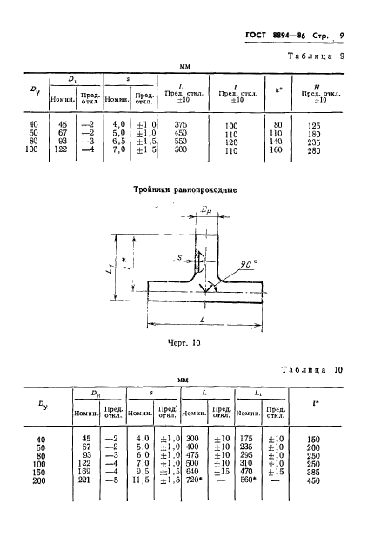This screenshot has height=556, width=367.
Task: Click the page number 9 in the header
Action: coord(342,35)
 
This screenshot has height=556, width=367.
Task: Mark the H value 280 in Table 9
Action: coord(314,149)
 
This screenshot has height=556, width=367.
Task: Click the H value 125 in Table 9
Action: coord(314,125)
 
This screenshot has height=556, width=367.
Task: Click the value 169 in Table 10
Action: coord(85,471)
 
